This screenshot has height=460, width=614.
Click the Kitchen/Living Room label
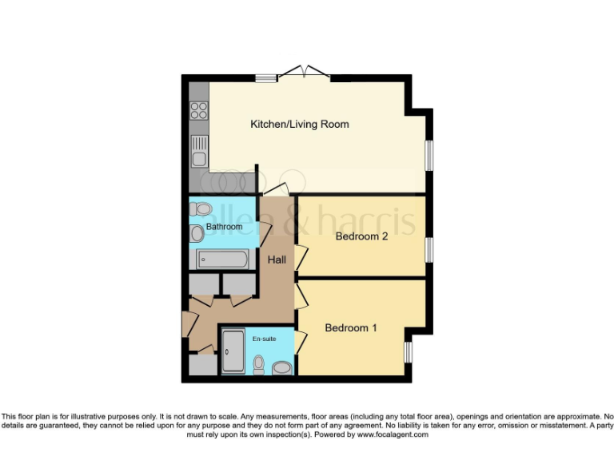(x=300, y=124)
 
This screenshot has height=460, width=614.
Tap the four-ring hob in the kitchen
(x=198, y=111)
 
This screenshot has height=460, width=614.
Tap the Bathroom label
(x=224, y=227)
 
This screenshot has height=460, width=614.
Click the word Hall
(x=277, y=260)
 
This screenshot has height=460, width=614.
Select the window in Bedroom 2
(x=429, y=248)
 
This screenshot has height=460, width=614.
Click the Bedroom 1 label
(x=352, y=327)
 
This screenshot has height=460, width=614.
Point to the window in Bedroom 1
(x=408, y=352)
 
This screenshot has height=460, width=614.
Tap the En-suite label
(x=265, y=339)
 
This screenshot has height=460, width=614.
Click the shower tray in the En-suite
(x=233, y=352)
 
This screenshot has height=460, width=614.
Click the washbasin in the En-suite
(x=282, y=367)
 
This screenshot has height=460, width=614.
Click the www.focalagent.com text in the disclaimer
(x=393, y=435)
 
